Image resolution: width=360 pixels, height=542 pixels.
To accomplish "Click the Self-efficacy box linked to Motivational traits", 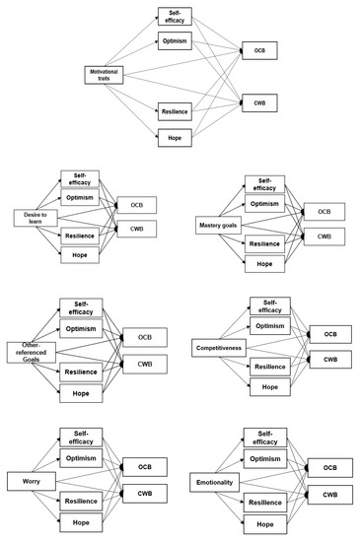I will [174, 16].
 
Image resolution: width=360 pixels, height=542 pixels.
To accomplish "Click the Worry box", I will [28, 481].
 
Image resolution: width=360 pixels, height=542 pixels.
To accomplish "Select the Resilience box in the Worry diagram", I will [87, 502].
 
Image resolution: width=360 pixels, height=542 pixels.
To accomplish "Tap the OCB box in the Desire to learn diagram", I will [137, 205].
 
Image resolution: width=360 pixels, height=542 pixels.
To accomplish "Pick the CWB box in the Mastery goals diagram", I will [324, 237].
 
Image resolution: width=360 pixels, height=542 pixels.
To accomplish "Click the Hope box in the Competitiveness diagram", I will [270, 387].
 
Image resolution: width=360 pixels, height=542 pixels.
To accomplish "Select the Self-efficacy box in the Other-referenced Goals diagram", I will [87, 308].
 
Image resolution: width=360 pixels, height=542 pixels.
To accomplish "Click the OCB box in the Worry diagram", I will [145, 466].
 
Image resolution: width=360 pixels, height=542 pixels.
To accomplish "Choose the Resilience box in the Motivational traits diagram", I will [174, 111].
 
